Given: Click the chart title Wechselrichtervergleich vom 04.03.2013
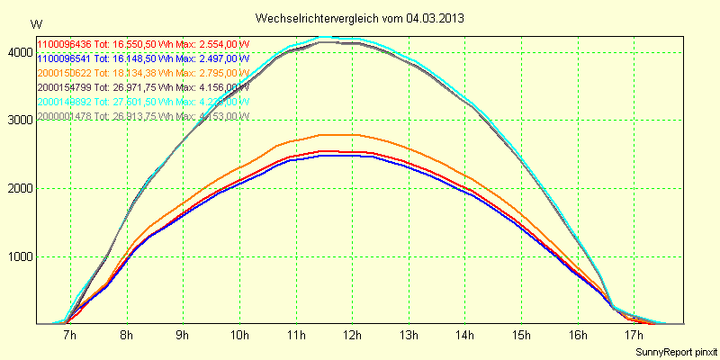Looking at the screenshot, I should point(360,18).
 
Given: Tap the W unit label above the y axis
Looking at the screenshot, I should point(35,23).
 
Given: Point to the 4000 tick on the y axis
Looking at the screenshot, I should point(18,52).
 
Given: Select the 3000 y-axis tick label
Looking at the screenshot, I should point(18,121).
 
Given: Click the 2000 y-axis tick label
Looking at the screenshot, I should point(18,188).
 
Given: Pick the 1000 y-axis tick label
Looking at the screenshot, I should point(18,256).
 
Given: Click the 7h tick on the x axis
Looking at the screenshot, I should point(69,336).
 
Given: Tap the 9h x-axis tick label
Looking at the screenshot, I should point(182,336).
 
